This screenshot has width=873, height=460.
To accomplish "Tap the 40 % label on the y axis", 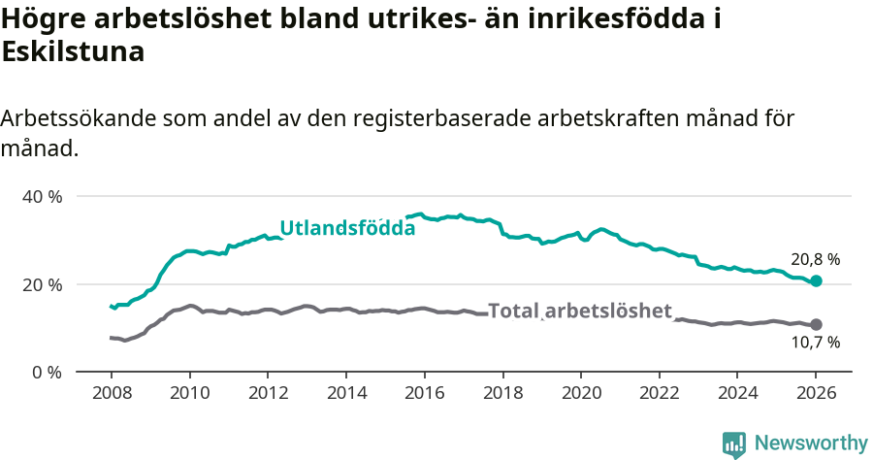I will [42, 197].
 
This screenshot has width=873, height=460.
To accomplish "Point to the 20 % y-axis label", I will [42, 284].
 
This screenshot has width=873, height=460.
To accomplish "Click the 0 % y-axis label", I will [46, 373].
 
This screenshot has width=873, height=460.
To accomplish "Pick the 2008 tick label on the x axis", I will [111, 393].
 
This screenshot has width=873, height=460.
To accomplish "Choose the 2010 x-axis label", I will [189, 393].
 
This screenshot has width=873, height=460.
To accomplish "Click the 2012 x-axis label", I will [268, 393].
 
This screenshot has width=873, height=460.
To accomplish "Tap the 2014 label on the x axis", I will [346, 393].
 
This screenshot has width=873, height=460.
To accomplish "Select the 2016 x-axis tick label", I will [424, 393].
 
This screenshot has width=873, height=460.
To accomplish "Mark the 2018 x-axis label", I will [502, 393].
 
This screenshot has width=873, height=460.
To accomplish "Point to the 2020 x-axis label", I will [581, 393].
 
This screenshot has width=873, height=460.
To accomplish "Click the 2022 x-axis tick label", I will [660, 393].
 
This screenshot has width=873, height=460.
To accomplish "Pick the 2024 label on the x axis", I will [737, 393].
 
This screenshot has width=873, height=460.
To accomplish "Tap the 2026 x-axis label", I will [816, 393].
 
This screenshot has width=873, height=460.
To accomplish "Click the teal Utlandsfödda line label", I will [347, 228].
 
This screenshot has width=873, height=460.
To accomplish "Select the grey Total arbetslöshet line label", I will [580, 311].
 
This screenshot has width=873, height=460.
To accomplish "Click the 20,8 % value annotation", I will [815, 259].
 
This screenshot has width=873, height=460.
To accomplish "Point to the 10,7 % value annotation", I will [815, 343].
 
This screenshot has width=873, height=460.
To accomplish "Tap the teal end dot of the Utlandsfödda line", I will [816, 280].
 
